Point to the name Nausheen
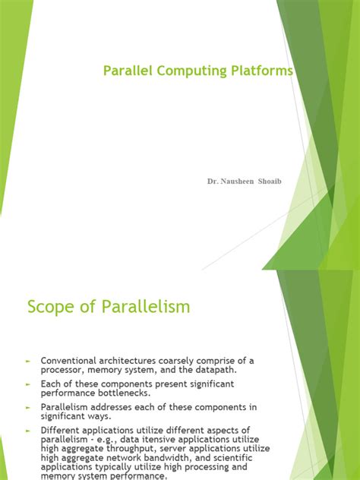242,182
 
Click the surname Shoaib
276,182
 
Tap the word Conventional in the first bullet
71,360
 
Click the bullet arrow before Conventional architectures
28,360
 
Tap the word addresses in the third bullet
118,407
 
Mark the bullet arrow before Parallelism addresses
28,407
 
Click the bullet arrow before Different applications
28,431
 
